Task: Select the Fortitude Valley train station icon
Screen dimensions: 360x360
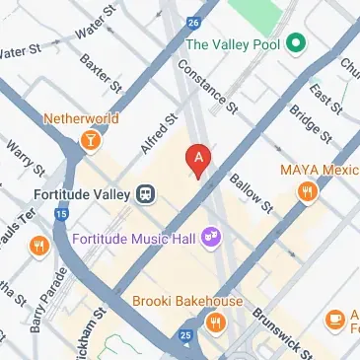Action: click(146, 192)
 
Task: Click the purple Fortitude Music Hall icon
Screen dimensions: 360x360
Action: click(209, 237)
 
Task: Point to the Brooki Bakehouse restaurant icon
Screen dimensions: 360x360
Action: click(214, 321)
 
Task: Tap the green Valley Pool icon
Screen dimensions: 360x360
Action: click(295, 44)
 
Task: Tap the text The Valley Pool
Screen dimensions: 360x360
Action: click(233, 44)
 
